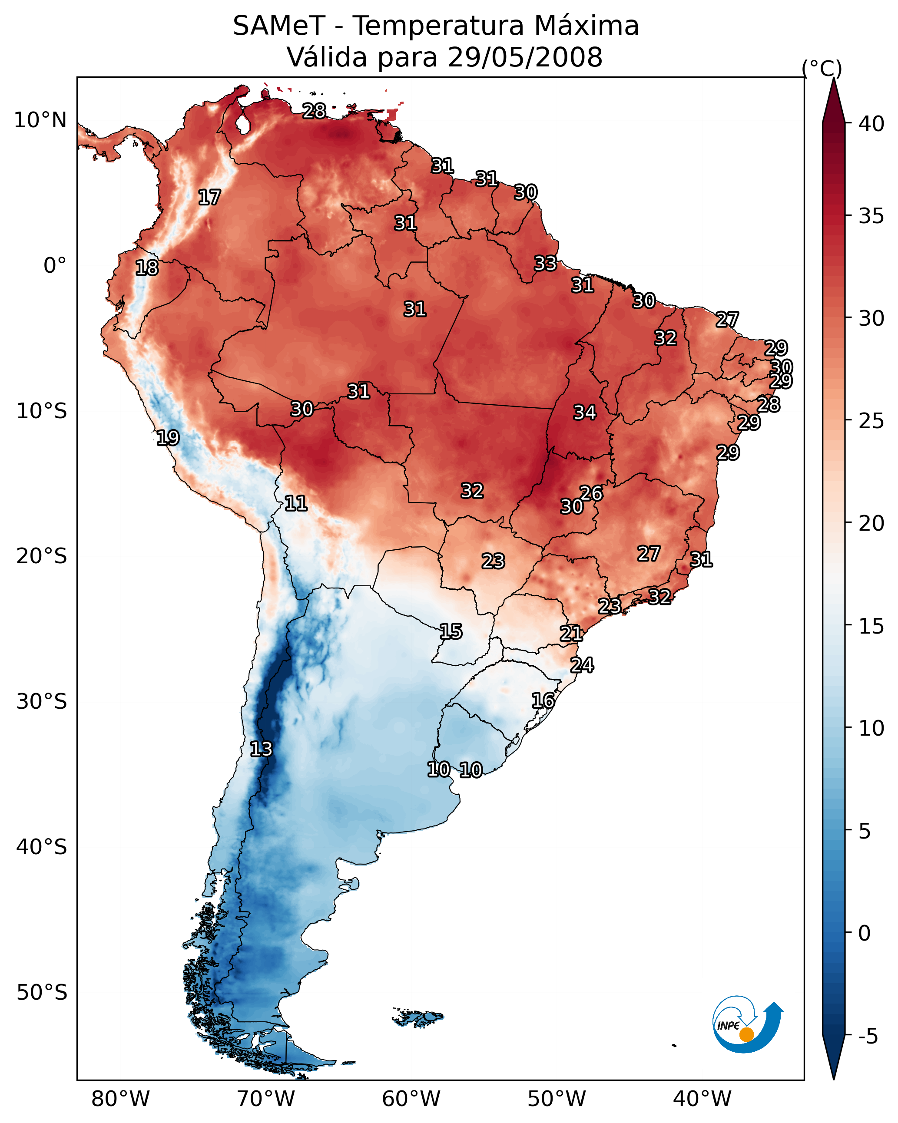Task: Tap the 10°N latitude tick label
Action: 40,120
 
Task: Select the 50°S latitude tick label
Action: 42,992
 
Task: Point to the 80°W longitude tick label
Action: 120,1099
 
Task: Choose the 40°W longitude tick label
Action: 702,1099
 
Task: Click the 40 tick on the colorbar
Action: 871,124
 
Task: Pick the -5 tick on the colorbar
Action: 868,1037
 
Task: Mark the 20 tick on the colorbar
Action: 871,523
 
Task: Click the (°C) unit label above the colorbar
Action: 822,68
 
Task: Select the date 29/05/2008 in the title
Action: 525,57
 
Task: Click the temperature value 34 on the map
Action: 585,413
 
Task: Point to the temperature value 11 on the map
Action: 295,503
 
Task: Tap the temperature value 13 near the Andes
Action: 261,749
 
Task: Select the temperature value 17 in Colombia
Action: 209,198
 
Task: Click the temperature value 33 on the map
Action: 545,264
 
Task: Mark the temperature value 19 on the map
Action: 168,438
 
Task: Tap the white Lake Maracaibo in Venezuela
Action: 242,124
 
